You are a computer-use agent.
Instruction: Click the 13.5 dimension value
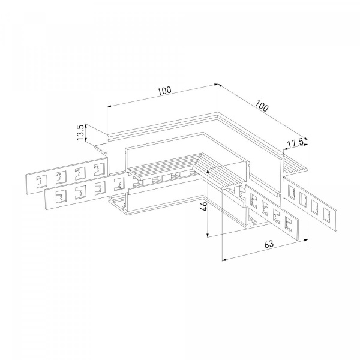[x=80, y=133]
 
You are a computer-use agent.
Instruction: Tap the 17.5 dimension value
[x=295, y=144]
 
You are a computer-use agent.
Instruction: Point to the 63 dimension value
[x=269, y=244]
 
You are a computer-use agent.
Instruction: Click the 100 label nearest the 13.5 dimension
[x=164, y=91]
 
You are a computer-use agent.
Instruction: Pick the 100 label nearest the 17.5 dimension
[x=262, y=106]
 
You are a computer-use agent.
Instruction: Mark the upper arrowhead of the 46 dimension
[x=208, y=170]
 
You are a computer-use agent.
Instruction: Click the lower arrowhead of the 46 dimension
[x=208, y=235]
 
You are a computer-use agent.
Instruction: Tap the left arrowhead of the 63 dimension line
[x=224, y=260]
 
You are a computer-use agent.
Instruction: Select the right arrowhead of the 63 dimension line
[x=305, y=240]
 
